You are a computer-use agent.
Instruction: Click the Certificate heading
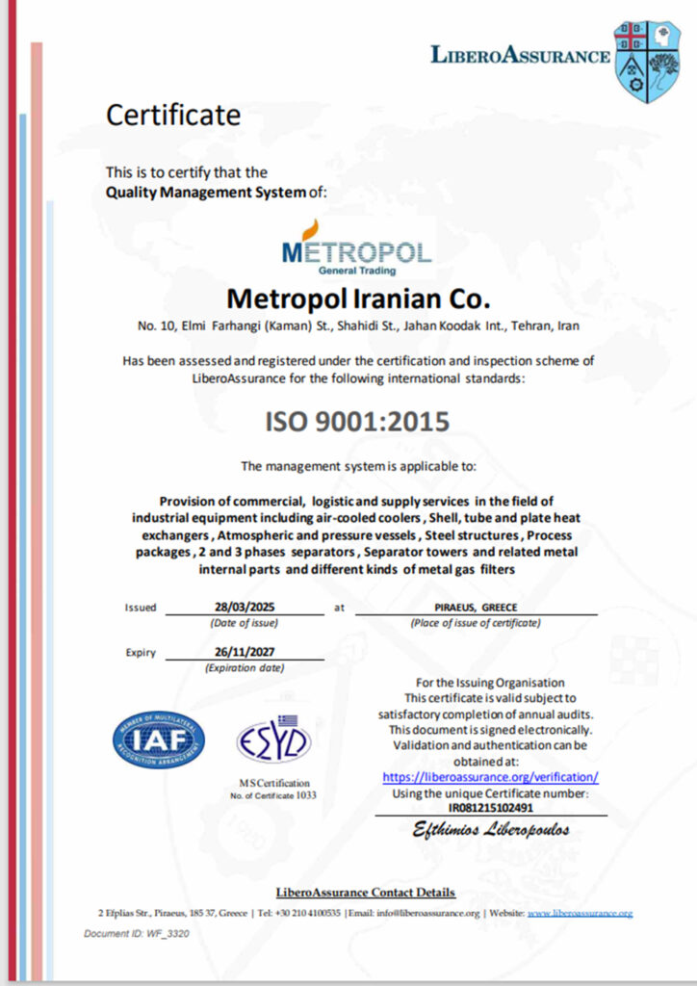(172, 116)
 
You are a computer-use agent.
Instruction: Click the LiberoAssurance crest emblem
(647, 60)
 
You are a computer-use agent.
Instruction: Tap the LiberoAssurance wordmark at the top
(520, 55)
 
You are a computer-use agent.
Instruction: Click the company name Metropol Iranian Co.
(357, 295)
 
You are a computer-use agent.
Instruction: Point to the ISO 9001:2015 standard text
(357, 422)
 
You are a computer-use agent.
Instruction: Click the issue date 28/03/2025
(245, 608)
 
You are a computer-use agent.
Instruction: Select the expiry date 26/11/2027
(244, 652)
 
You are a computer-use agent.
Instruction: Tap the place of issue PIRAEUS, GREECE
(476, 608)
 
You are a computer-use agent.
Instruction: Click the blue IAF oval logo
(159, 739)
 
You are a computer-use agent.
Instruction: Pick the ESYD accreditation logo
(274, 739)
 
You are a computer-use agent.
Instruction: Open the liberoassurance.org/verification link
(490, 776)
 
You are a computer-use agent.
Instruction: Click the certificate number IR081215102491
(490, 808)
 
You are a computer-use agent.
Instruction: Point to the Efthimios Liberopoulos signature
(491, 829)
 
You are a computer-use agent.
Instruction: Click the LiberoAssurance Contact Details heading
(365, 893)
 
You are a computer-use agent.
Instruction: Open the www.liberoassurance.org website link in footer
(580, 913)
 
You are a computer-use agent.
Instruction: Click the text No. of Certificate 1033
(273, 795)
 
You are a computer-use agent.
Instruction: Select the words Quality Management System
(204, 192)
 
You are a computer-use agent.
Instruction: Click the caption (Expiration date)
(245, 667)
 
